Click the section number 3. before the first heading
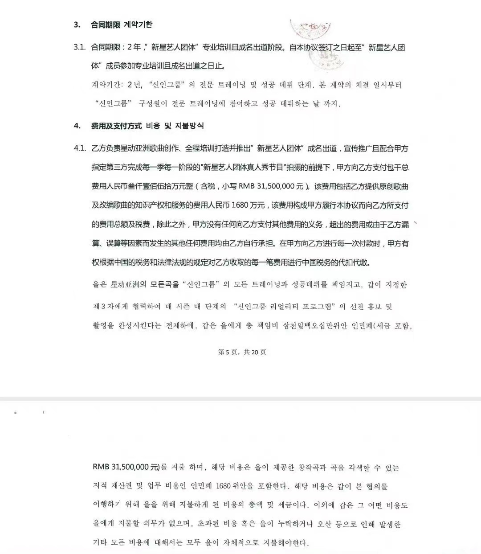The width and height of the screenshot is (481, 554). coord(77,25)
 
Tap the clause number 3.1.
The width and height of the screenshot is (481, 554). coord(79,47)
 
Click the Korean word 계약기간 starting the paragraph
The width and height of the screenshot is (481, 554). coord(106,85)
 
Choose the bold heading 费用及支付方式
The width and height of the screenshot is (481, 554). coord(116,126)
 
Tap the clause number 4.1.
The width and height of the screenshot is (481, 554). coord(79,148)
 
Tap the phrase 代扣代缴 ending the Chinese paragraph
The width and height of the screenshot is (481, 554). coord(355,263)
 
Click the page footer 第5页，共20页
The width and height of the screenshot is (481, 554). coord(242,352)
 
